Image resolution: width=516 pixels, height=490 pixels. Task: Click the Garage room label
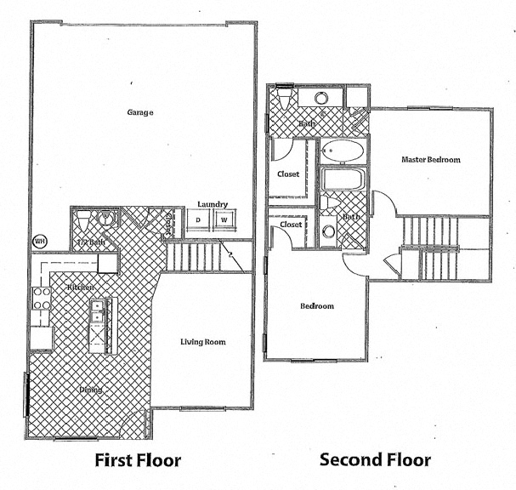click(139, 112)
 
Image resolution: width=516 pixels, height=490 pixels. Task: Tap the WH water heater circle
click(39, 241)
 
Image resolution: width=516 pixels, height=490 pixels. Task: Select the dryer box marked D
click(198, 220)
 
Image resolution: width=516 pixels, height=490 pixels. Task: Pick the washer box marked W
click(224, 220)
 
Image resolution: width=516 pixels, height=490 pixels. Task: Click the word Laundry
click(211, 204)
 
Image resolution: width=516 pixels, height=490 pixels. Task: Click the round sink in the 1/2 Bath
click(106, 219)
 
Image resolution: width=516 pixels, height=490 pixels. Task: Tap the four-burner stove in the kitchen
click(39, 298)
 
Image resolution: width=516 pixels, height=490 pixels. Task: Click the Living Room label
click(202, 342)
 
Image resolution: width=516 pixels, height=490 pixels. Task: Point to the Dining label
click(91, 390)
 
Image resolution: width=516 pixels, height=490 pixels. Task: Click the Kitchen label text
click(81, 288)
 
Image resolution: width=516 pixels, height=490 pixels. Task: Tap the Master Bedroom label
click(431, 160)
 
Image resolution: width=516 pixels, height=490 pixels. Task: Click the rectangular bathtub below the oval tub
click(343, 180)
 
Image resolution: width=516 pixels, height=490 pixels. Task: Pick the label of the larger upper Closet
click(288, 174)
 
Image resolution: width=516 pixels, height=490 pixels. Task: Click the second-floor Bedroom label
click(316, 306)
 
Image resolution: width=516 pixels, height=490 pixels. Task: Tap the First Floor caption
click(138, 461)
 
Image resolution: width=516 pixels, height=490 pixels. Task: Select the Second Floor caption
click(375, 461)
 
